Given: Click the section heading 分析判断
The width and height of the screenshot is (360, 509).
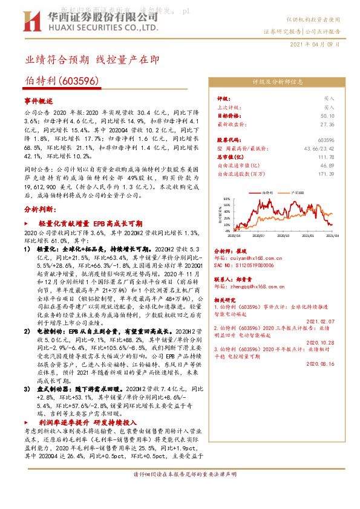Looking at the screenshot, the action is click(40, 209).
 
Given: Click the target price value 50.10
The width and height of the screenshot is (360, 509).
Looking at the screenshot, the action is click(327, 115).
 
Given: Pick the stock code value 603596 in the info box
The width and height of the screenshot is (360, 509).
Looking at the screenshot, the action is click(326, 140).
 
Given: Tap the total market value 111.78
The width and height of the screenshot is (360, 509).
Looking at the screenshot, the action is click(327, 157).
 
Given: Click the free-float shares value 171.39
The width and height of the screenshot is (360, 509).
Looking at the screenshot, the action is click(327, 173).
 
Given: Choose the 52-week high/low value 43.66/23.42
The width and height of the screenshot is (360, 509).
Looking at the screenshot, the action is click(319, 148).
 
